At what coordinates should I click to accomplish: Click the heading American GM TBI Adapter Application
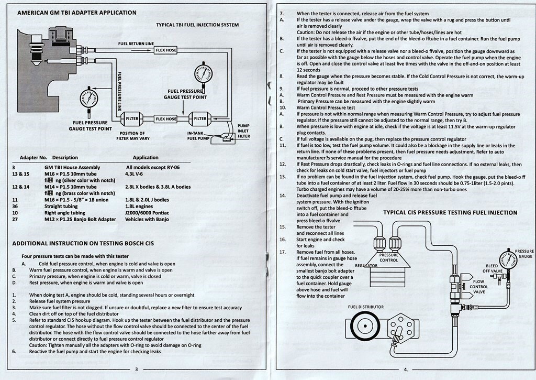[x=77, y=13]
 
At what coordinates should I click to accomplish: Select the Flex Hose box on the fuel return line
[x=166, y=50]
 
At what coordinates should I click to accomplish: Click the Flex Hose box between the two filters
[x=166, y=119]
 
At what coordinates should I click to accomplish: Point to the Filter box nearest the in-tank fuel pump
[x=200, y=119]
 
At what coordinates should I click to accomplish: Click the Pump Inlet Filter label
[x=243, y=131]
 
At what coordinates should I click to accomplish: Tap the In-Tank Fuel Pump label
[x=198, y=136]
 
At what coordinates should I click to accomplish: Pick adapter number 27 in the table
[x=15, y=220]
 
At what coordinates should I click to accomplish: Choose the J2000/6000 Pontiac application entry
[x=148, y=213]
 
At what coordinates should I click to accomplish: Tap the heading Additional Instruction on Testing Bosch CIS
[x=83, y=243]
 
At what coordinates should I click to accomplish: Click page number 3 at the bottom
[x=136, y=370]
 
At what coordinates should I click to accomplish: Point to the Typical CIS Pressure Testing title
[x=450, y=213]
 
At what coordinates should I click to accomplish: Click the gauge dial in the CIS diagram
[x=508, y=259]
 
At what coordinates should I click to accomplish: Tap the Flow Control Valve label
[x=479, y=287]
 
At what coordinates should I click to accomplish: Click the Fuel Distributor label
[x=365, y=307]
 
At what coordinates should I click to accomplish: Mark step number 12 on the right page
[x=283, y=164]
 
